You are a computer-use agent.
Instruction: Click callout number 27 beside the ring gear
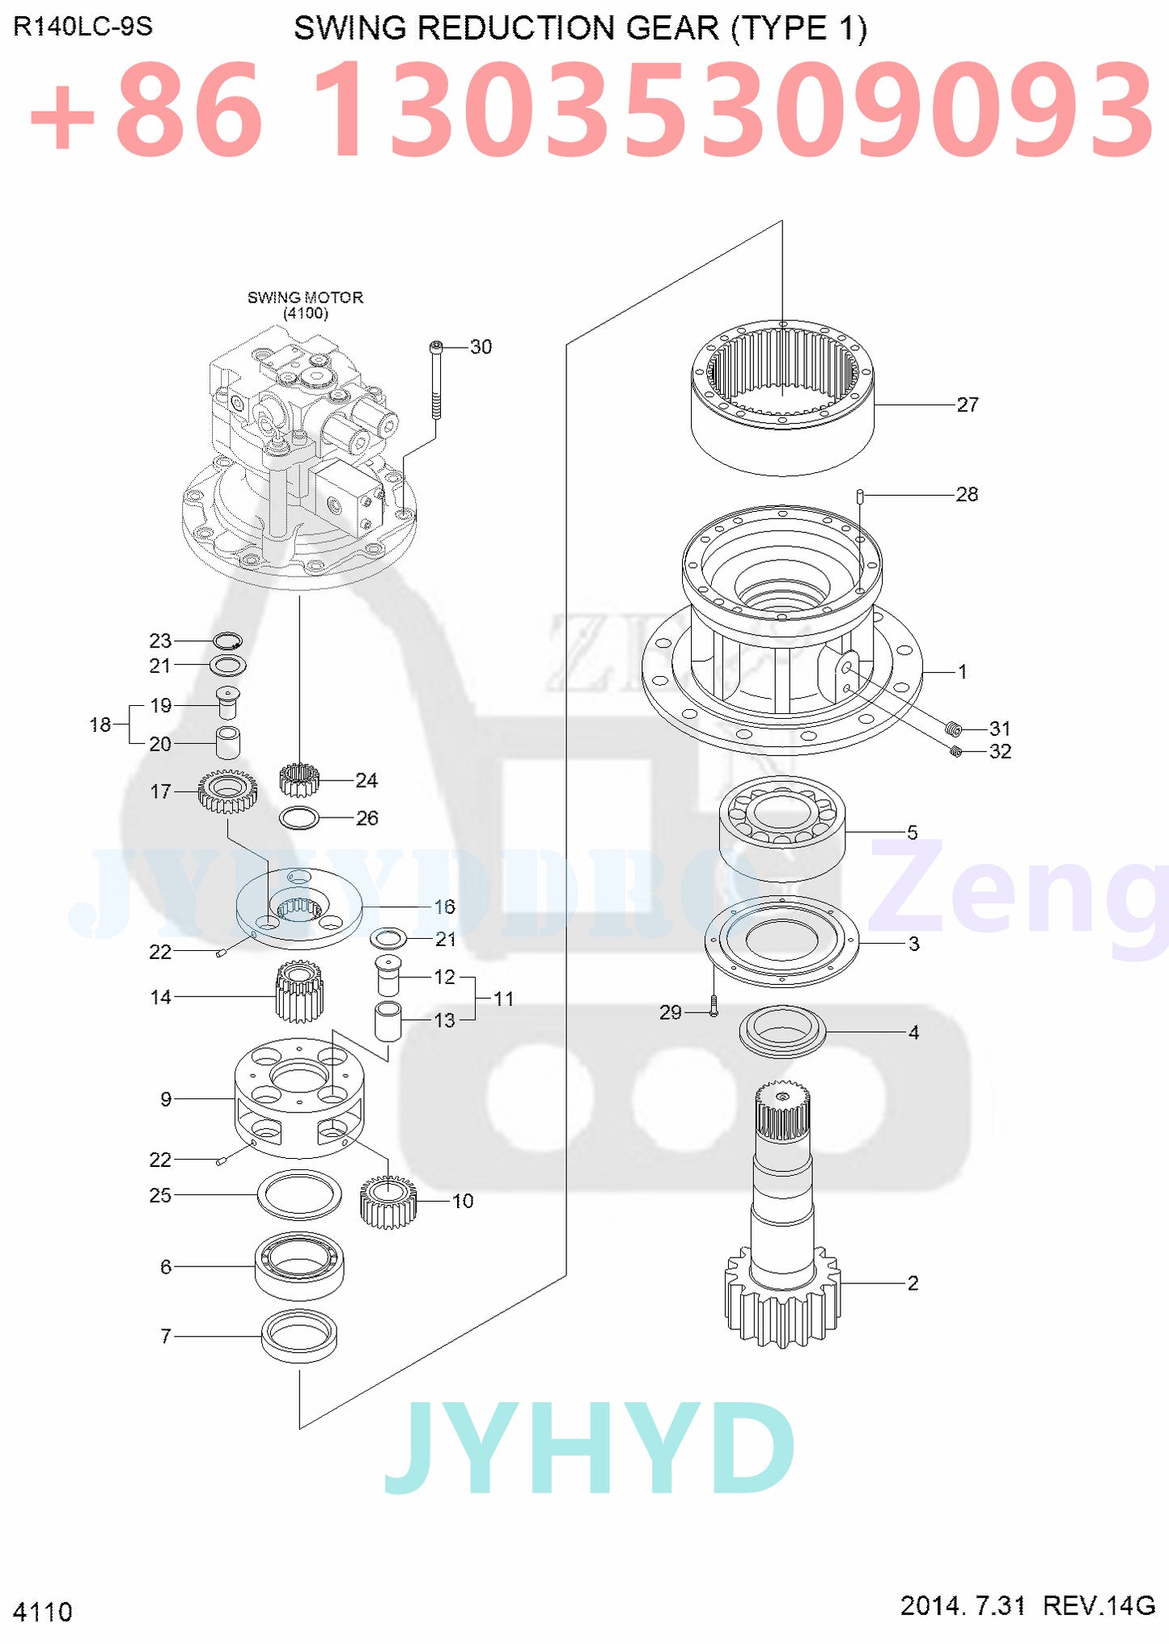pos(968,404)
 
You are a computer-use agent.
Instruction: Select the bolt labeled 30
pos(437,380)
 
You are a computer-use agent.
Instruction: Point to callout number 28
pos(967,494)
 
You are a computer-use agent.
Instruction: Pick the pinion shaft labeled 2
pos(782,1213)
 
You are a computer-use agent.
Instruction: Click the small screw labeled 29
pos(714,1006)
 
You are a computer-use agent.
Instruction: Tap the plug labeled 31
pos(953,728)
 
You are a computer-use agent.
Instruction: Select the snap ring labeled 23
pos(227,641)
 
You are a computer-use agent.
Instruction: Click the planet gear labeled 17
pos(227,791)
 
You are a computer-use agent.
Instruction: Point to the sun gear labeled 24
pos(299,780)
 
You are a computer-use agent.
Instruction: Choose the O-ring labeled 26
pos(299,818)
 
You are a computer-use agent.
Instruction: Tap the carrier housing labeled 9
pos(299,1096)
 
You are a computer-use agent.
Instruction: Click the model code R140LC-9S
pos(83,27)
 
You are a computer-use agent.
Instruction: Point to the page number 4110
pos(43,1612)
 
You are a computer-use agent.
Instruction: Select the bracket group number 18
pos(100,725)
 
